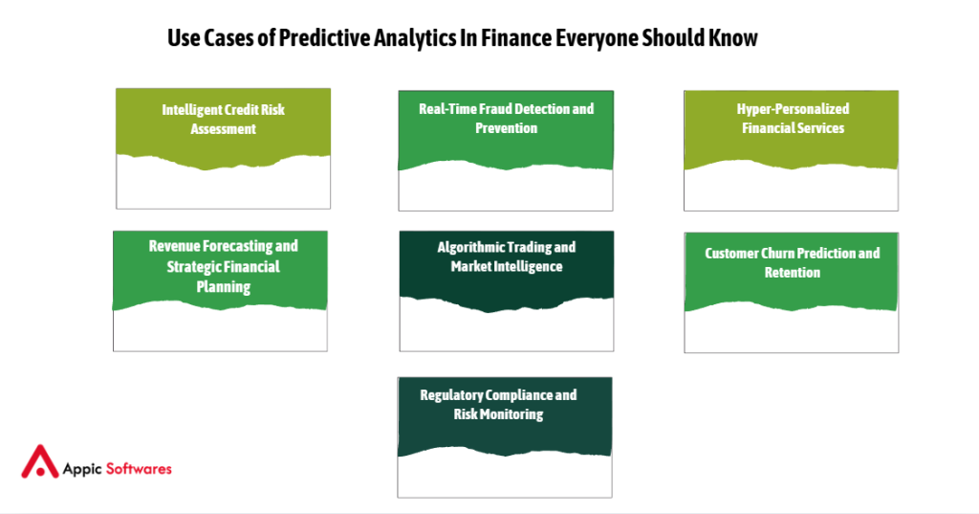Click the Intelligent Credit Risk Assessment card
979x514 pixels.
[223, 148]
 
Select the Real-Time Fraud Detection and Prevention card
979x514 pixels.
[506, 150]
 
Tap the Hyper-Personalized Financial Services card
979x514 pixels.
[791, 150]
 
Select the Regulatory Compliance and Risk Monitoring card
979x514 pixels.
[505, 436]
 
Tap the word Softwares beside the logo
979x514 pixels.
[139, 469]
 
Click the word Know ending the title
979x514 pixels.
[733, 38]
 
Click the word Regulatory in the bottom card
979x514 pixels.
[452, 395]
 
